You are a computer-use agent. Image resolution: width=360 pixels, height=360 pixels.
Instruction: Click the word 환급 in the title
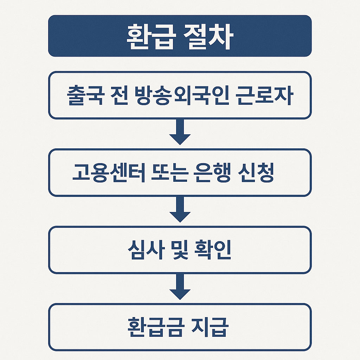click(150, 36)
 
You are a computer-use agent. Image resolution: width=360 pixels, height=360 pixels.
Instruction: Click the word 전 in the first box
click(116, 95)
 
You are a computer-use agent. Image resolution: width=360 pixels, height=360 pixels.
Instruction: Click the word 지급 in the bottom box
click(212, 327)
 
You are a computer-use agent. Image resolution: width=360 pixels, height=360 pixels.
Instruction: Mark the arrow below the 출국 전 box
click(180, 133)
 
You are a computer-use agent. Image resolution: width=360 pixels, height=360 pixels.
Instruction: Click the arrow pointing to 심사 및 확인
click(180, 210)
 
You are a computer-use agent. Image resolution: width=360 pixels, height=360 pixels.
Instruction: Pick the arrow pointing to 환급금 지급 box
click(180, 287)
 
